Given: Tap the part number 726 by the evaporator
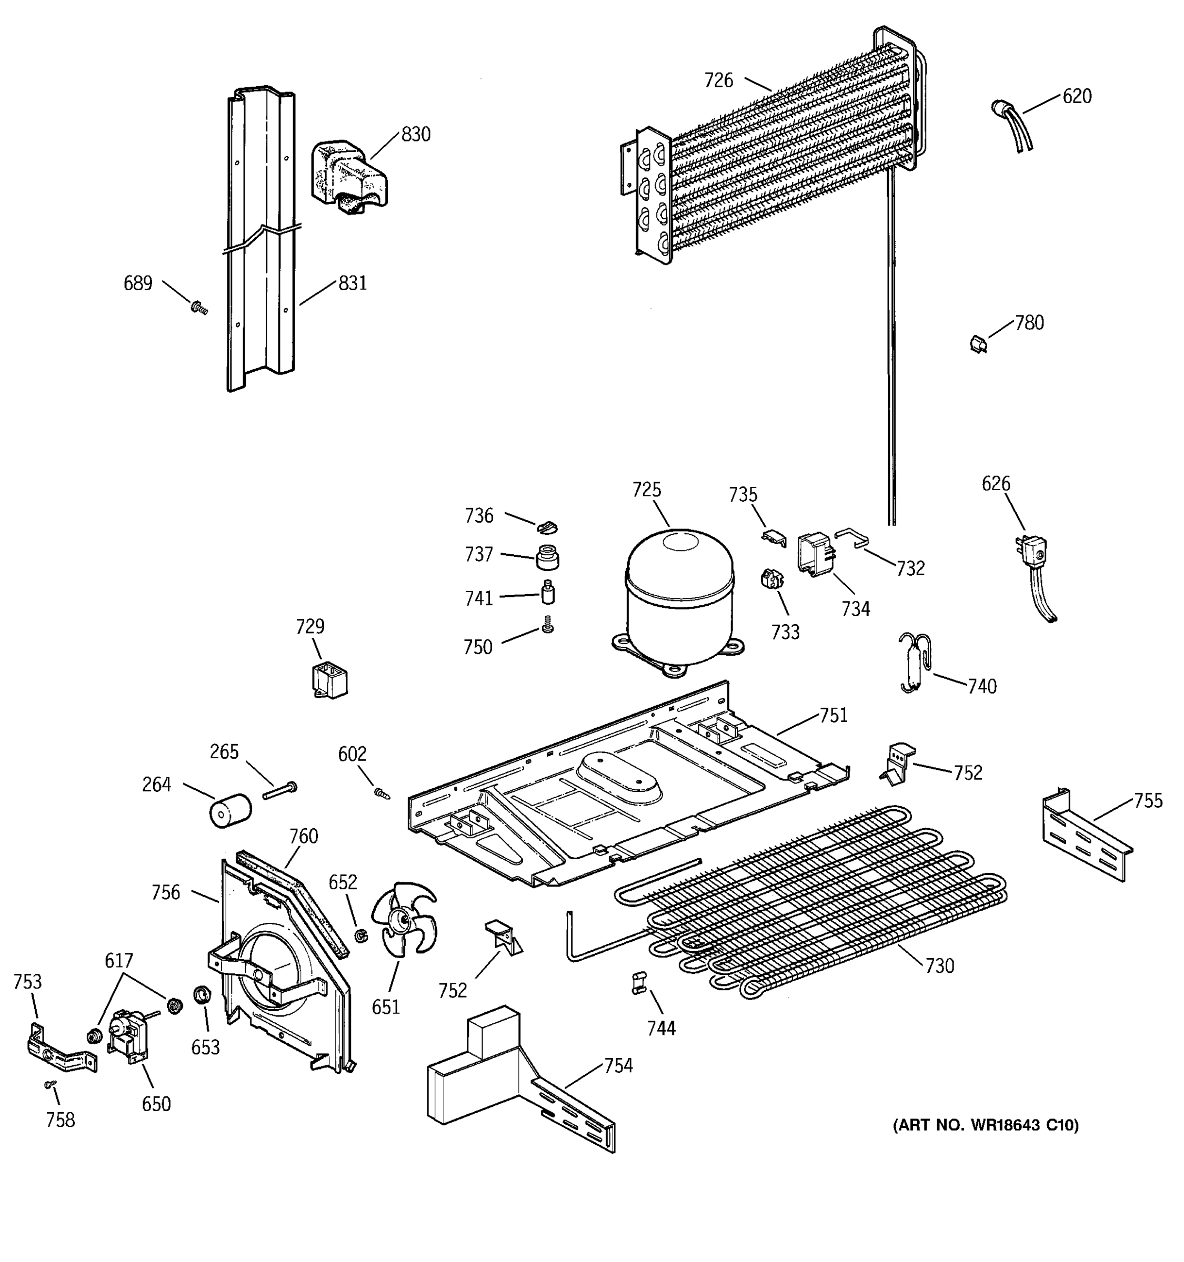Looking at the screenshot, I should [x=718, y=80].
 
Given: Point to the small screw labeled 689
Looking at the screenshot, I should [x=199, y=308].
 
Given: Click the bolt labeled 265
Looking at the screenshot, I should [x=279, y=791].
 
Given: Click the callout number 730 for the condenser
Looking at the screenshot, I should [x=939, y=965].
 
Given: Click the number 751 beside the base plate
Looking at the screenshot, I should [x=834, y=716].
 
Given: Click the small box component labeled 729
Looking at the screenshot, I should [x=329, y=681].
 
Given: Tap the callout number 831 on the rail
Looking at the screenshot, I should [x=353, y=283].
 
